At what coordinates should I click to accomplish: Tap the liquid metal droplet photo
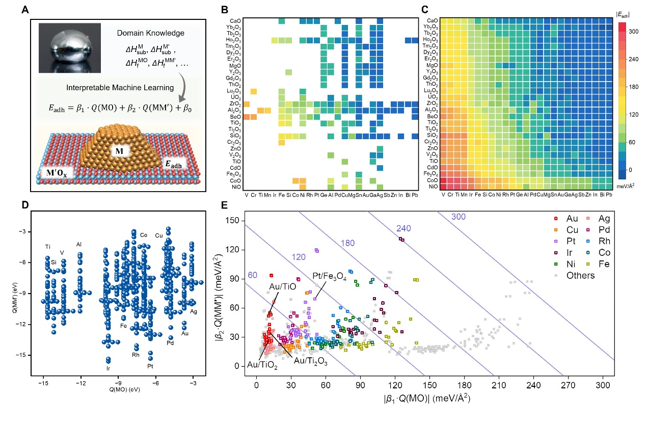tap(70, 48)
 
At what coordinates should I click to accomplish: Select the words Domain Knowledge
tap(144, 33)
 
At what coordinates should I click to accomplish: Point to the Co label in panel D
tap(144, 235)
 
